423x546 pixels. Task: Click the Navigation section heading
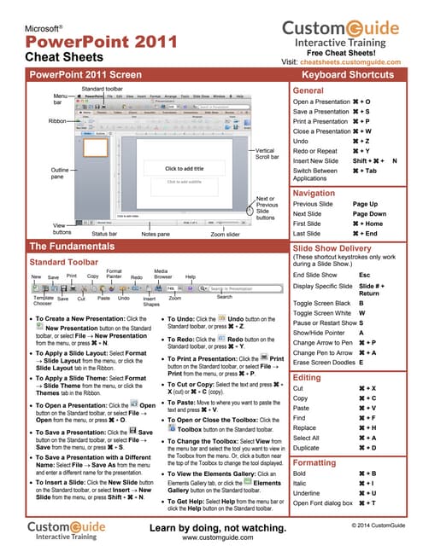[314, 194]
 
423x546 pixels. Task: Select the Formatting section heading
[314, 463]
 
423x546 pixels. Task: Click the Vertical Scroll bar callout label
[271, 153]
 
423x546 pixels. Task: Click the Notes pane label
[156, 232]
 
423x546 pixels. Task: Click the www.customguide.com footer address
[211, 538]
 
